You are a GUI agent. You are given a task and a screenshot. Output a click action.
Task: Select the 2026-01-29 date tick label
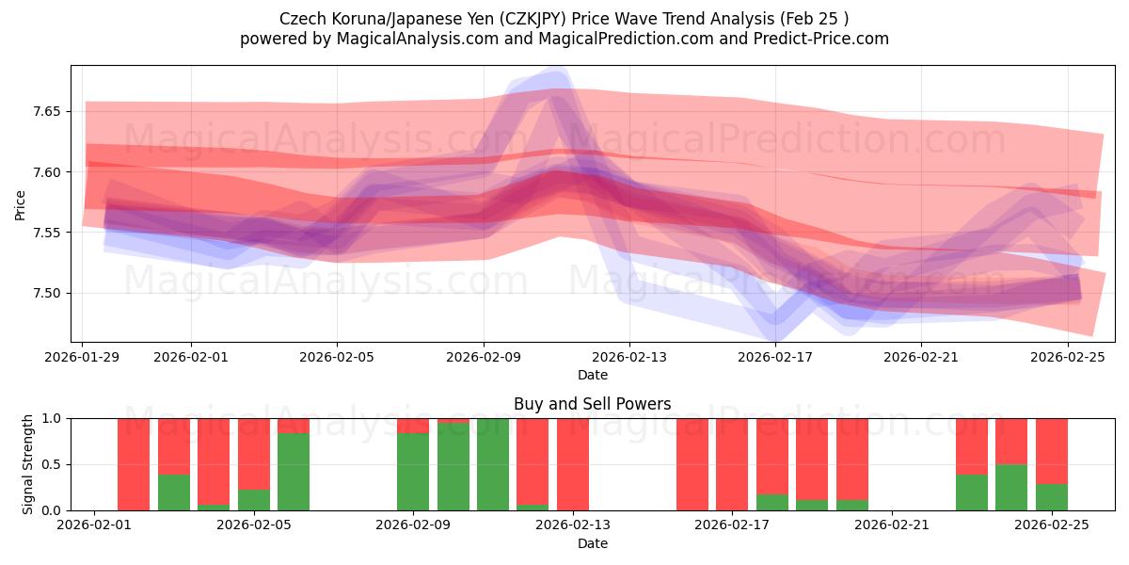point(83,357)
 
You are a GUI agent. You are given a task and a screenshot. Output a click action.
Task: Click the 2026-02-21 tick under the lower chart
point(891,525)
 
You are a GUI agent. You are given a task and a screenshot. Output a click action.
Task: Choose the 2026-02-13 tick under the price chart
point(629,357)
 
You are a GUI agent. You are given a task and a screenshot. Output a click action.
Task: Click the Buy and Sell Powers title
point(592,404)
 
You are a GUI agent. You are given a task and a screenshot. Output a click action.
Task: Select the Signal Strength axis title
point(28,463)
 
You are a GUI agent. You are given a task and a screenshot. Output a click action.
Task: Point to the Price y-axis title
point(21,205)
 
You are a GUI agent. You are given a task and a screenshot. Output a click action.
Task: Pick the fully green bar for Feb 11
point(493,464)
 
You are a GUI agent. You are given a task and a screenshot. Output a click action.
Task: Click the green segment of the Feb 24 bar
point(1011,487)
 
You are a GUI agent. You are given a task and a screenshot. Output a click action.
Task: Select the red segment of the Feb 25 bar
point(1052,450)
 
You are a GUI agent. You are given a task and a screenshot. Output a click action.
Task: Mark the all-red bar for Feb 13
point(573,464)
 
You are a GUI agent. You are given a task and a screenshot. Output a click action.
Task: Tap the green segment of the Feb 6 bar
point(294,471)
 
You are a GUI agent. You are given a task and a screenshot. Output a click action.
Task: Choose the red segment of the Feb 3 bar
point(174,445)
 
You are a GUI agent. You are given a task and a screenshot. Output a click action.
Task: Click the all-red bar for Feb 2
point(134,464)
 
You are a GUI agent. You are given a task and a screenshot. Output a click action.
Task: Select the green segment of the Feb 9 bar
point(413,471)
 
